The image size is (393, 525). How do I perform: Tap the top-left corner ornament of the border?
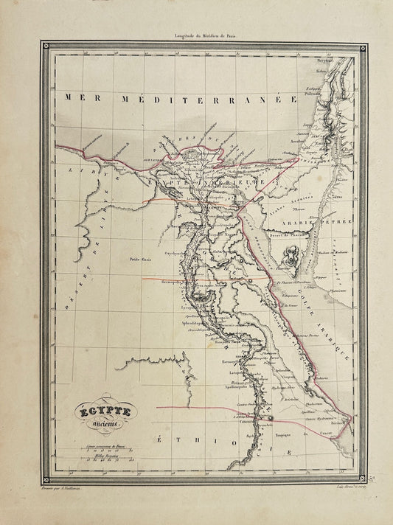coord(47,46)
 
